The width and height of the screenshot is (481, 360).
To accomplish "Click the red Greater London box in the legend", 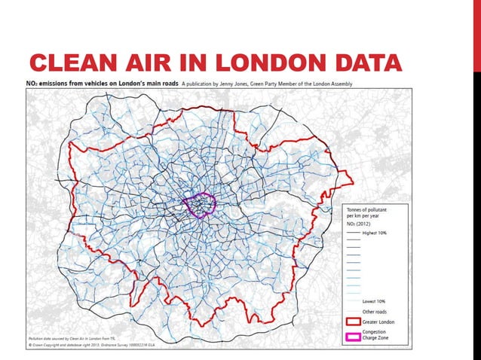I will point(353,321).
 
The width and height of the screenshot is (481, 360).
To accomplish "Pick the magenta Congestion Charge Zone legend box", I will point(353,336).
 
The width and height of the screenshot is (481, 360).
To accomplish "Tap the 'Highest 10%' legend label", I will point(378,234).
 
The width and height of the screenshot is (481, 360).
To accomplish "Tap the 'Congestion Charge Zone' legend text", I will point(379,336).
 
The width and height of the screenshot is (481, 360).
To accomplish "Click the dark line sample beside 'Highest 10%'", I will point(353,234).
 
